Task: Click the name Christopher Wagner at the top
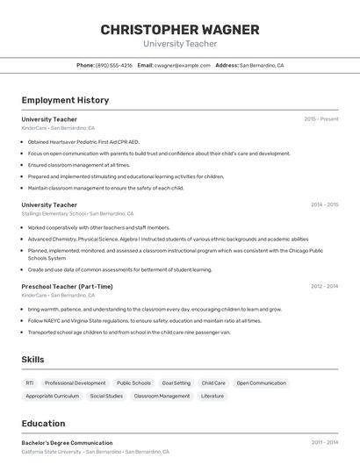[x=180, y=29]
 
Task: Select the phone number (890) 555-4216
[x=113, y=65]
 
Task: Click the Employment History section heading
[x=65, y=100]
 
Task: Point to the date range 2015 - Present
[x=321, y=118]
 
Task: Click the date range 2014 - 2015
[x=324, y=204]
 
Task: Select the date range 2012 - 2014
[x=324, y=286]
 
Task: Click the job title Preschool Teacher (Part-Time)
[x=67, y=286]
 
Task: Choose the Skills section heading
[x=33, y=360]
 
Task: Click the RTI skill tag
[x=30, y=383]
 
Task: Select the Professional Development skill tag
[x=75, y=383]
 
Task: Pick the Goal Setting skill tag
[x=176, y=383]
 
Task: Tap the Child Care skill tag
[x=213, y=383]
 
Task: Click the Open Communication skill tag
[x=261, y=383]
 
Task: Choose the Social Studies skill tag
[x=106, y=396]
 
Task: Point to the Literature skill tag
[x=212, y=396]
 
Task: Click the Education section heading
[x=44, y=423]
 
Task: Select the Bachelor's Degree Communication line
[x=67, y=443]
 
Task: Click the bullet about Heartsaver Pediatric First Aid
[x=83, y=141]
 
